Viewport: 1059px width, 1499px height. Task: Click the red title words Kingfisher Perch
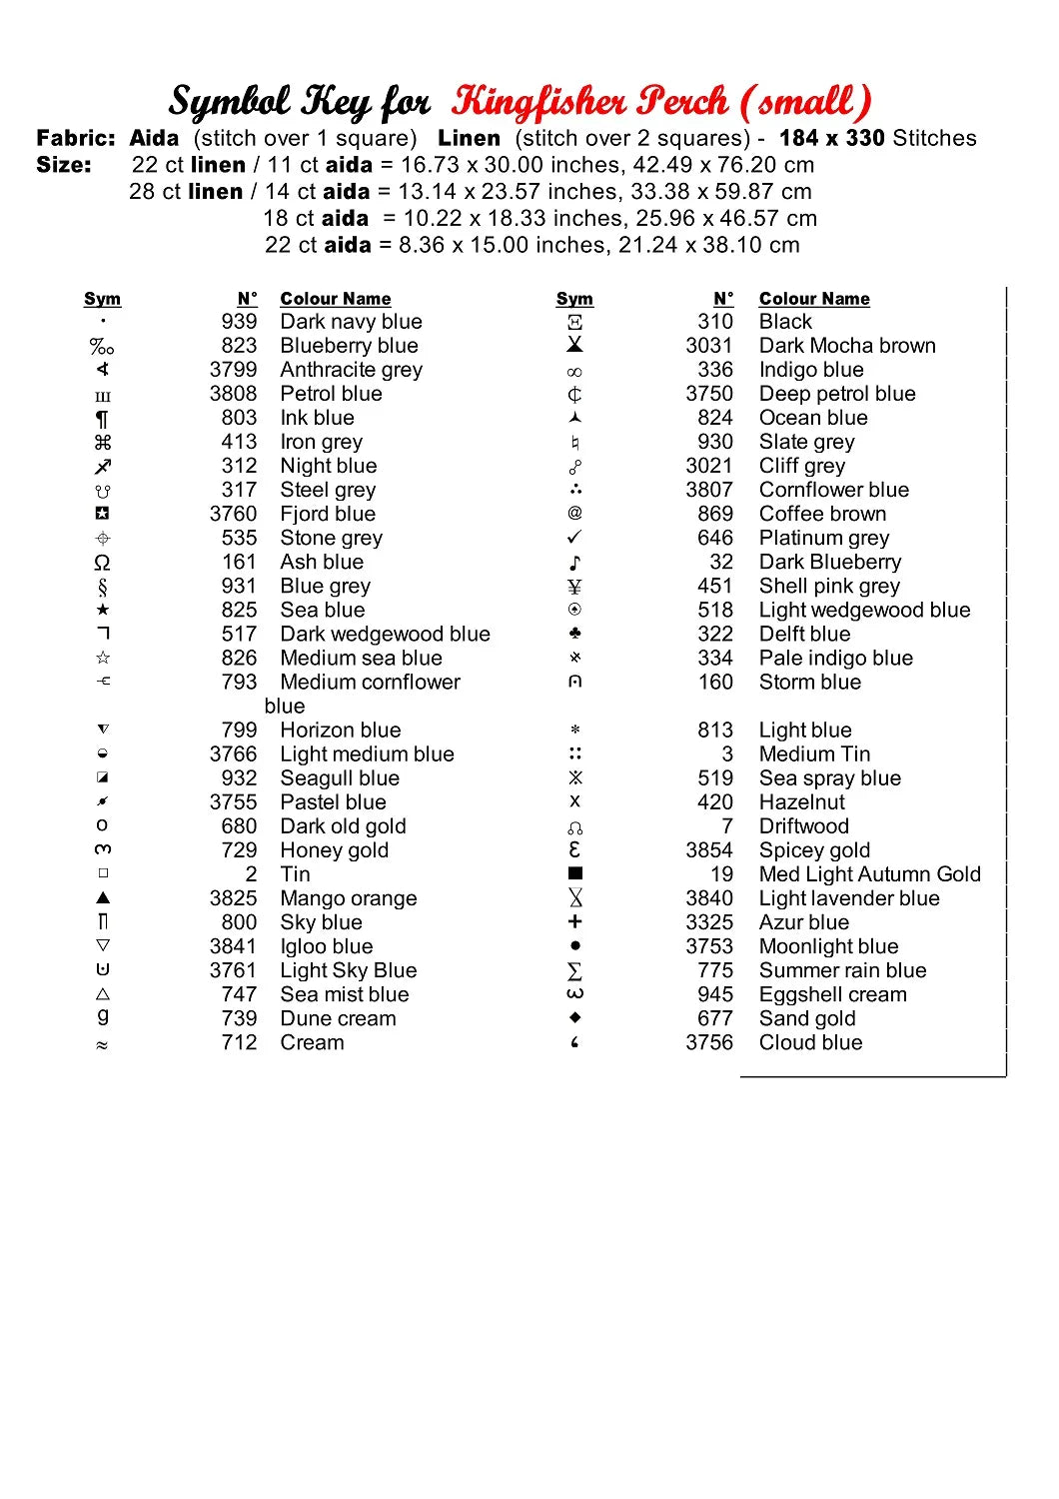coord(589,101)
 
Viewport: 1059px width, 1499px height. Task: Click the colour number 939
coord(239,322)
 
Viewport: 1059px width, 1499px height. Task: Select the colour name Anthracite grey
coord(351,370)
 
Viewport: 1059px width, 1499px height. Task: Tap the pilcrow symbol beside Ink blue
coord(102,419)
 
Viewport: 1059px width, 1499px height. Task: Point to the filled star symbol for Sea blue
coord(102,610)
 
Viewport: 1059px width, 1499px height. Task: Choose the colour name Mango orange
coord(348,898)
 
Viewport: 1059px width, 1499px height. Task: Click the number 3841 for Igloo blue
coord(233,946)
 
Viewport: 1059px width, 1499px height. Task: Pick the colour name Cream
coord(312,1042)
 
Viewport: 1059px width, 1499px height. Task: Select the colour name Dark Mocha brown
coord(847,346)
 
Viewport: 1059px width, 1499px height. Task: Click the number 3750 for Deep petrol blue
coord(709,394)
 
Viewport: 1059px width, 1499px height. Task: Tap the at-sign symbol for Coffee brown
coord(574,513)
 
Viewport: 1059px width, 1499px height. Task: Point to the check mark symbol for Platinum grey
coord(574,538)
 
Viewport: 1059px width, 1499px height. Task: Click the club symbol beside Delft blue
coord(574,634)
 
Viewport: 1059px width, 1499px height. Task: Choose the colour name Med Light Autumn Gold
coord(869,874)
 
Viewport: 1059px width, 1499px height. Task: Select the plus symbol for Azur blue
coord(574,921)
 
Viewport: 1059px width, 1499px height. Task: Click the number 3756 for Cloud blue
coord(709,1042)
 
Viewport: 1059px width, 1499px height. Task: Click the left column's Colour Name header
coord(335,299)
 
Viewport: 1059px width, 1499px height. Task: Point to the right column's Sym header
coord(574,299)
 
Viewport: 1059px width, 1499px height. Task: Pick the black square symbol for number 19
coord(574,873)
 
